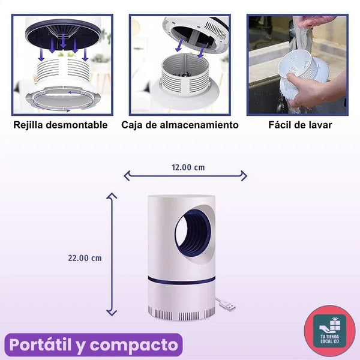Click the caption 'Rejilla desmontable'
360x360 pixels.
point(61,125)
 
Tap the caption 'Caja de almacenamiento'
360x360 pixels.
point(179,125)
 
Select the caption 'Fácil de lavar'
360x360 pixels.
point(300,125)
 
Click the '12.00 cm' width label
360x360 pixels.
point(188,167)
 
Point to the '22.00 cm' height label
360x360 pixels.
point(85,258)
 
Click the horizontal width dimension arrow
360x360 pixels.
point(185,176)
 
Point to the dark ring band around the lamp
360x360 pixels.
point(180,281)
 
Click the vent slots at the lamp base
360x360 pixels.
point(180,313)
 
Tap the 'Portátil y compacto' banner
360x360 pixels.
point(94,345)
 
